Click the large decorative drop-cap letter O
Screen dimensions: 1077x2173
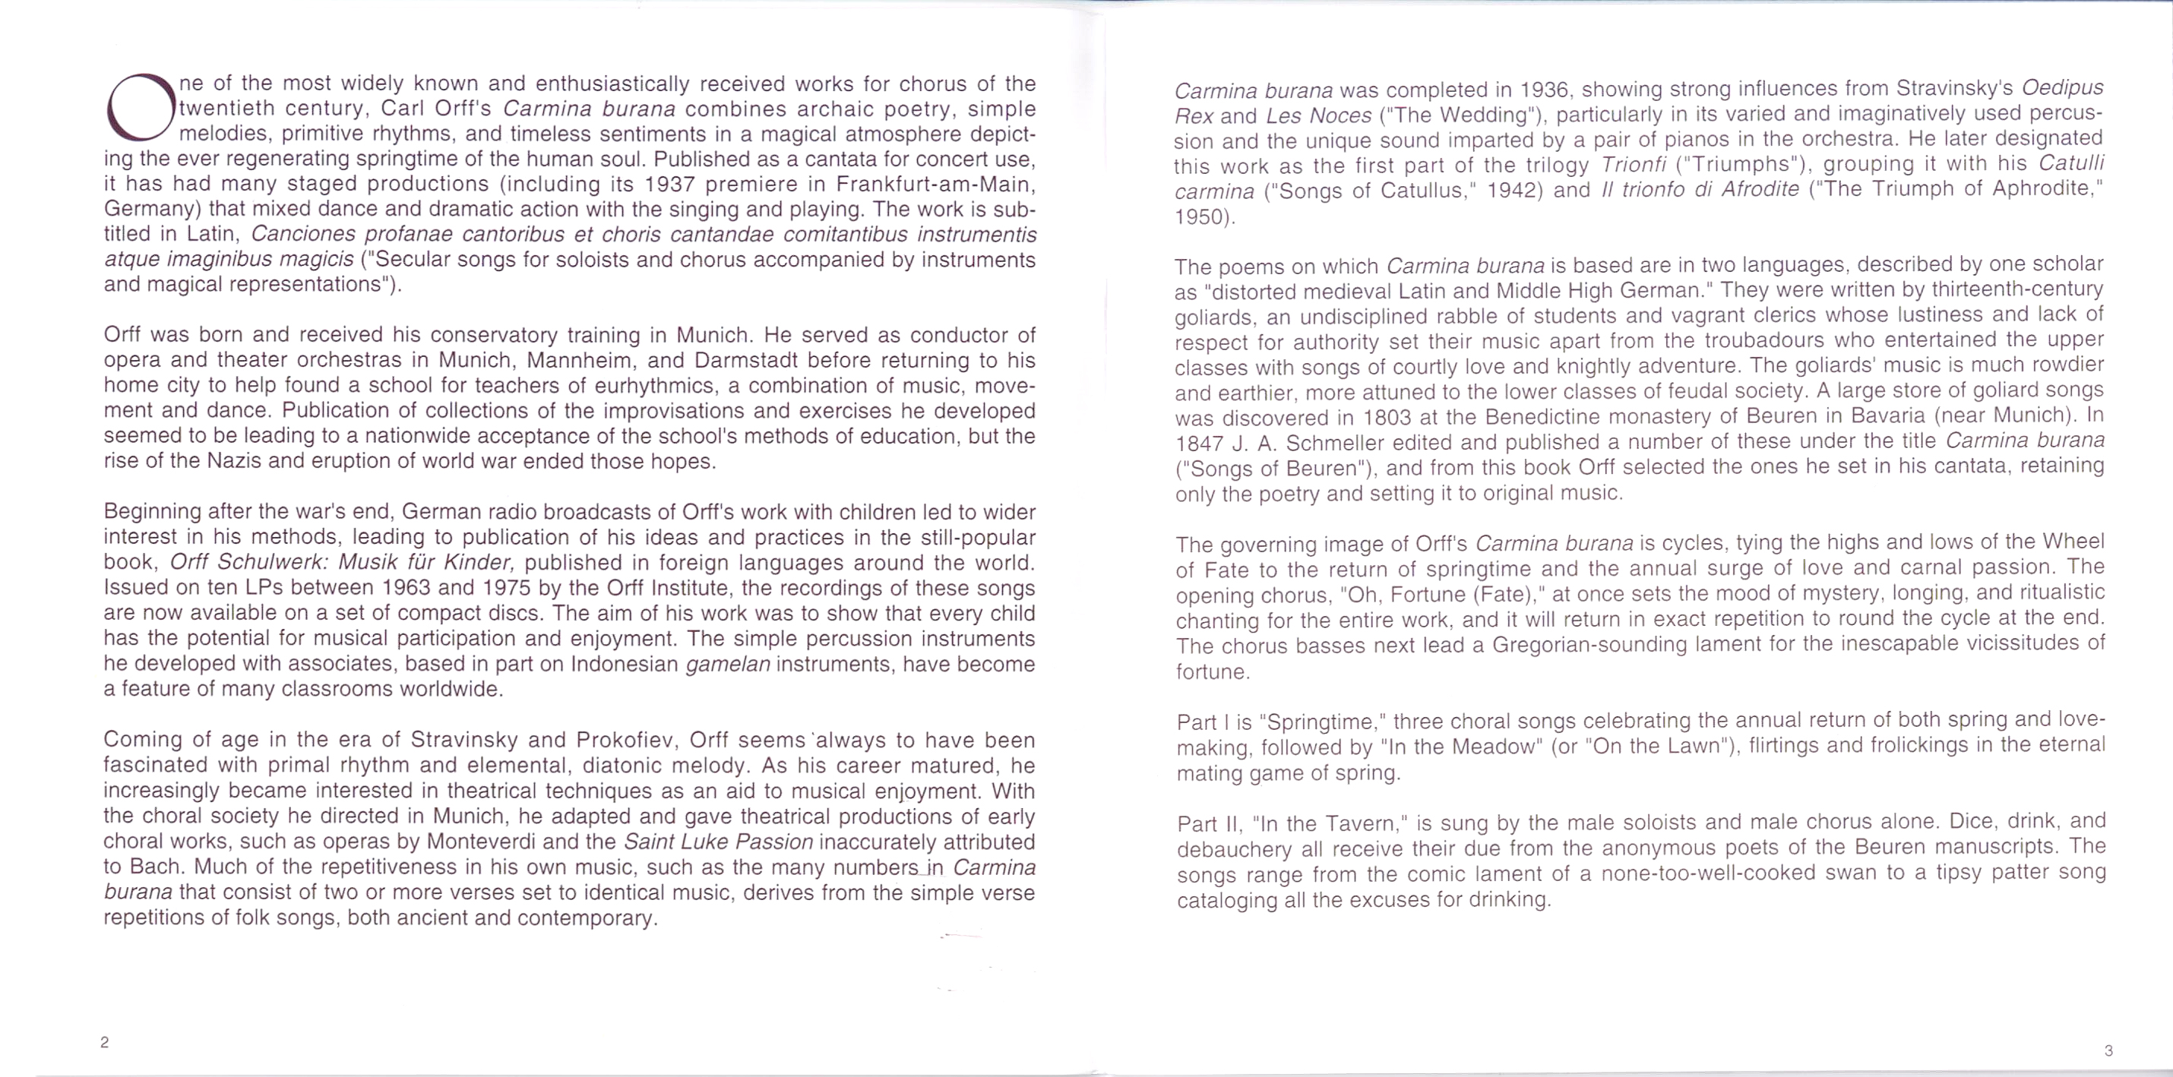(140, 108)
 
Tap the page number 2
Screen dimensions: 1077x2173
(105, 1042)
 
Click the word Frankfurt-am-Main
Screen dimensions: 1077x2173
(935, 184)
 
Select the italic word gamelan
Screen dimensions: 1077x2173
(727, 665)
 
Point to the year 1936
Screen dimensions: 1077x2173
(1545, 90)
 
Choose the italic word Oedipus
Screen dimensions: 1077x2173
(2063, 87)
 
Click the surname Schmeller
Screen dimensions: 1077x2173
(1310, 443)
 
